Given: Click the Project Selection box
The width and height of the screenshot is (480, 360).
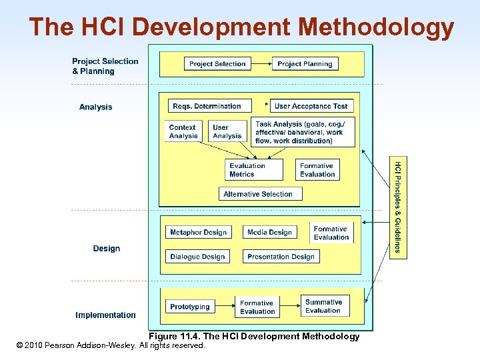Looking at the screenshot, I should [217, 64].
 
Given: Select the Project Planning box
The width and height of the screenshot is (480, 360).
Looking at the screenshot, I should [305, 64].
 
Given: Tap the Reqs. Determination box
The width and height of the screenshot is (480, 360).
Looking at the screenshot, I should [207, 106].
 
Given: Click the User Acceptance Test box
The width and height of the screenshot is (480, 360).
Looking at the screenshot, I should [311, 106].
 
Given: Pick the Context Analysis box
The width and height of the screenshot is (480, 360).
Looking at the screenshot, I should [183, 131].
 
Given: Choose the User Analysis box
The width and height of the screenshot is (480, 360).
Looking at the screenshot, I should [227, 131].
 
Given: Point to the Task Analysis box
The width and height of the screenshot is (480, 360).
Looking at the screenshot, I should [303, 132].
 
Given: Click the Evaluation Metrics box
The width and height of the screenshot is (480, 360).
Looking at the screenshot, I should [247, 170].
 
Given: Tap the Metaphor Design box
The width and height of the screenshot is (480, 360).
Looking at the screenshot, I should [199, 233].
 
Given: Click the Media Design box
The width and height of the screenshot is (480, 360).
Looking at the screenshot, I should [269, 233].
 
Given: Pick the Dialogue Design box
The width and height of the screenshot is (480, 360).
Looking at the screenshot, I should [198, 257].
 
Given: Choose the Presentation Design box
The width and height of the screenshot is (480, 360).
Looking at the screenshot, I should [281, 257].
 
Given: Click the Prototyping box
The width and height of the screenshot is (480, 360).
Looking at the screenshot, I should [190, 307].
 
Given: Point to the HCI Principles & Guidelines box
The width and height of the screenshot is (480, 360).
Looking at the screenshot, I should [397, 207].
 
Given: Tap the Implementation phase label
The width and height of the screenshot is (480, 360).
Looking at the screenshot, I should [105, 315].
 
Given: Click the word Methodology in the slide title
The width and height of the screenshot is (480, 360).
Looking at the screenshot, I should [377, 27].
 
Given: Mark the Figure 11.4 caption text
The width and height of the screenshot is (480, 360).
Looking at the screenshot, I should [253, 336].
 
